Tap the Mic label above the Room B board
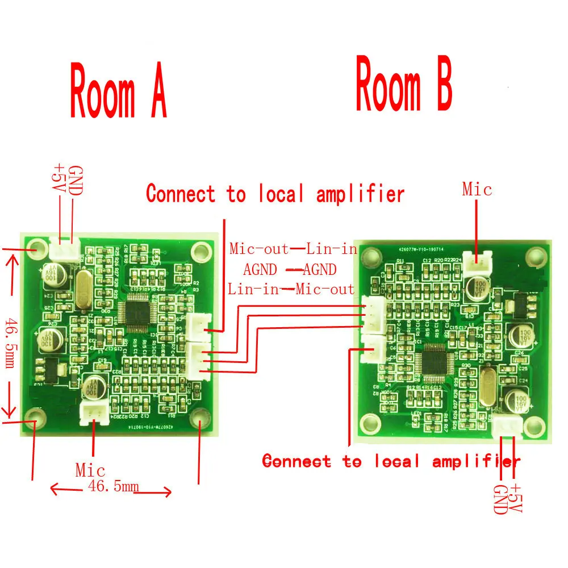click(x=477, y=189)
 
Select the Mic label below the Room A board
click(x=90, y=470)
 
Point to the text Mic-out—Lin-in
click(x=293, y=249)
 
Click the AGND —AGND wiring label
click(x=290, y=269)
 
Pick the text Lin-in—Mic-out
click(x=291, y=289)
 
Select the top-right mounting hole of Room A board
click(x=200, y=250)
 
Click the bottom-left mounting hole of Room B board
click(x=370, y=421)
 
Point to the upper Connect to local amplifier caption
click(x=275, y=194)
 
